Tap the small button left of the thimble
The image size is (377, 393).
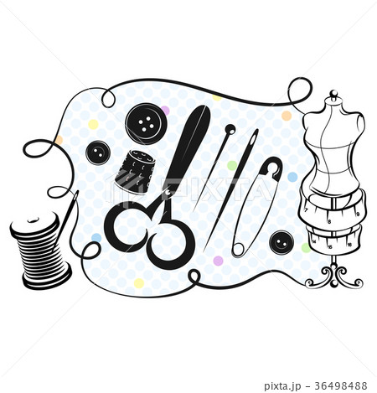99,153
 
